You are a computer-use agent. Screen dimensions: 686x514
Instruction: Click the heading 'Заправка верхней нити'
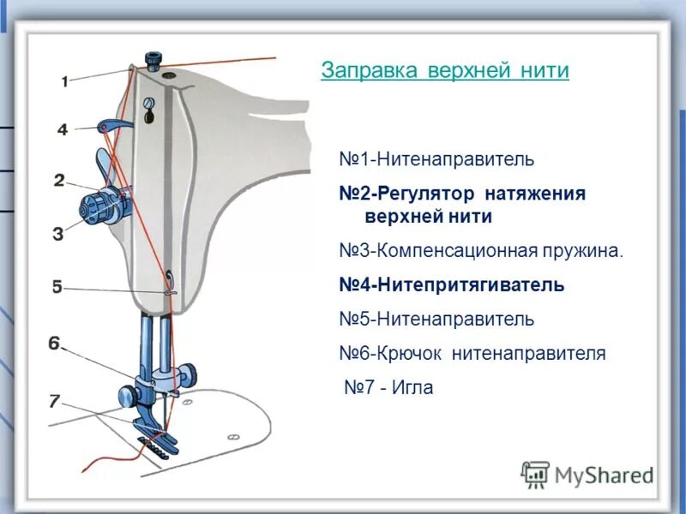tap(445, 70)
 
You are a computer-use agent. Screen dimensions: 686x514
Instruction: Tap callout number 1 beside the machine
tap(65, 81)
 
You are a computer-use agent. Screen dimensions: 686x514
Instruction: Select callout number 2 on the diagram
tap(58, 180)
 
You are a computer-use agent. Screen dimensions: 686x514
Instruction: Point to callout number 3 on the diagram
tap(58, 232)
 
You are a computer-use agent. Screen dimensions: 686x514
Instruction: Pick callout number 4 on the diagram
tap(62, 129)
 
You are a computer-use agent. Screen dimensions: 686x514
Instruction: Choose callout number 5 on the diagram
tap(57, 287)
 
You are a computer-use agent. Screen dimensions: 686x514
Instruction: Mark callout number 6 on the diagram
tap(54, 344)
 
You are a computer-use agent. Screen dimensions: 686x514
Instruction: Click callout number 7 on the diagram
tap(54, 400)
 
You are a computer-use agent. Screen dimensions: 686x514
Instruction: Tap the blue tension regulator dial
tap(93, 207)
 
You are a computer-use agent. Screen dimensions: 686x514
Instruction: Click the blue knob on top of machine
tap(153, 60)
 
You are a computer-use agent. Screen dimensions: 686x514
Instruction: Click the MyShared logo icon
tap(535, 475)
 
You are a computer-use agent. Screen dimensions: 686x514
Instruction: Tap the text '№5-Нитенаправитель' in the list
tap(436, 319)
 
